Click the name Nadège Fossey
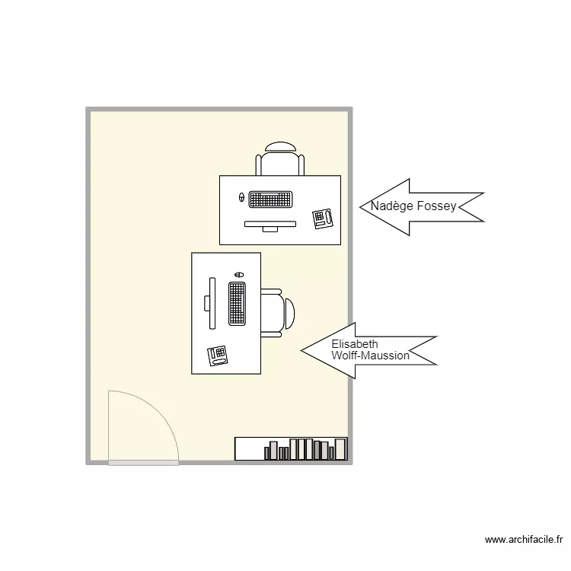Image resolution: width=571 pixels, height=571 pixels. tap(413, 206)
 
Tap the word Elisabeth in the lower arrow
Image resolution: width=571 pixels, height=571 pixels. tap(355, 344)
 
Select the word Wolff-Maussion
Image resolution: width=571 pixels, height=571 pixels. tap(371, 356)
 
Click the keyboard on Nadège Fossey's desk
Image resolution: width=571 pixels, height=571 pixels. tap(271, 199)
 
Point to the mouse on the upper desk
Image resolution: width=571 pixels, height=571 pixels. tap(242, 198)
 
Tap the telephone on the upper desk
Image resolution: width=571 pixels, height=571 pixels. tap(323, 218)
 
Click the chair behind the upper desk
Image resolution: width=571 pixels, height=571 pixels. tap(280, 160)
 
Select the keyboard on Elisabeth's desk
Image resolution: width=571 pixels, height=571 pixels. tap(237, 303)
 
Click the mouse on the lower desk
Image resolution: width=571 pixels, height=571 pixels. tap(239, 274)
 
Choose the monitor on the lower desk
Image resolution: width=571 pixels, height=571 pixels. tap(211, 303)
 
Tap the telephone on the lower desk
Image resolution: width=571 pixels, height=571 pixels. tap(218, 356)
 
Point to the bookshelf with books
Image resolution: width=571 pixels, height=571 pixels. tap(291, 449)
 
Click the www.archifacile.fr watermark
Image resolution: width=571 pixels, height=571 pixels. tap(523, 540)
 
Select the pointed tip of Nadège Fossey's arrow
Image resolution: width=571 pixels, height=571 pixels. tap(360, 207)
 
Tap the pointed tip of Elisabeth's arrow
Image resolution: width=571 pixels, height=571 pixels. tap(302, 350)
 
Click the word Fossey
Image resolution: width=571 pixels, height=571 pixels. tap(437, 206)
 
